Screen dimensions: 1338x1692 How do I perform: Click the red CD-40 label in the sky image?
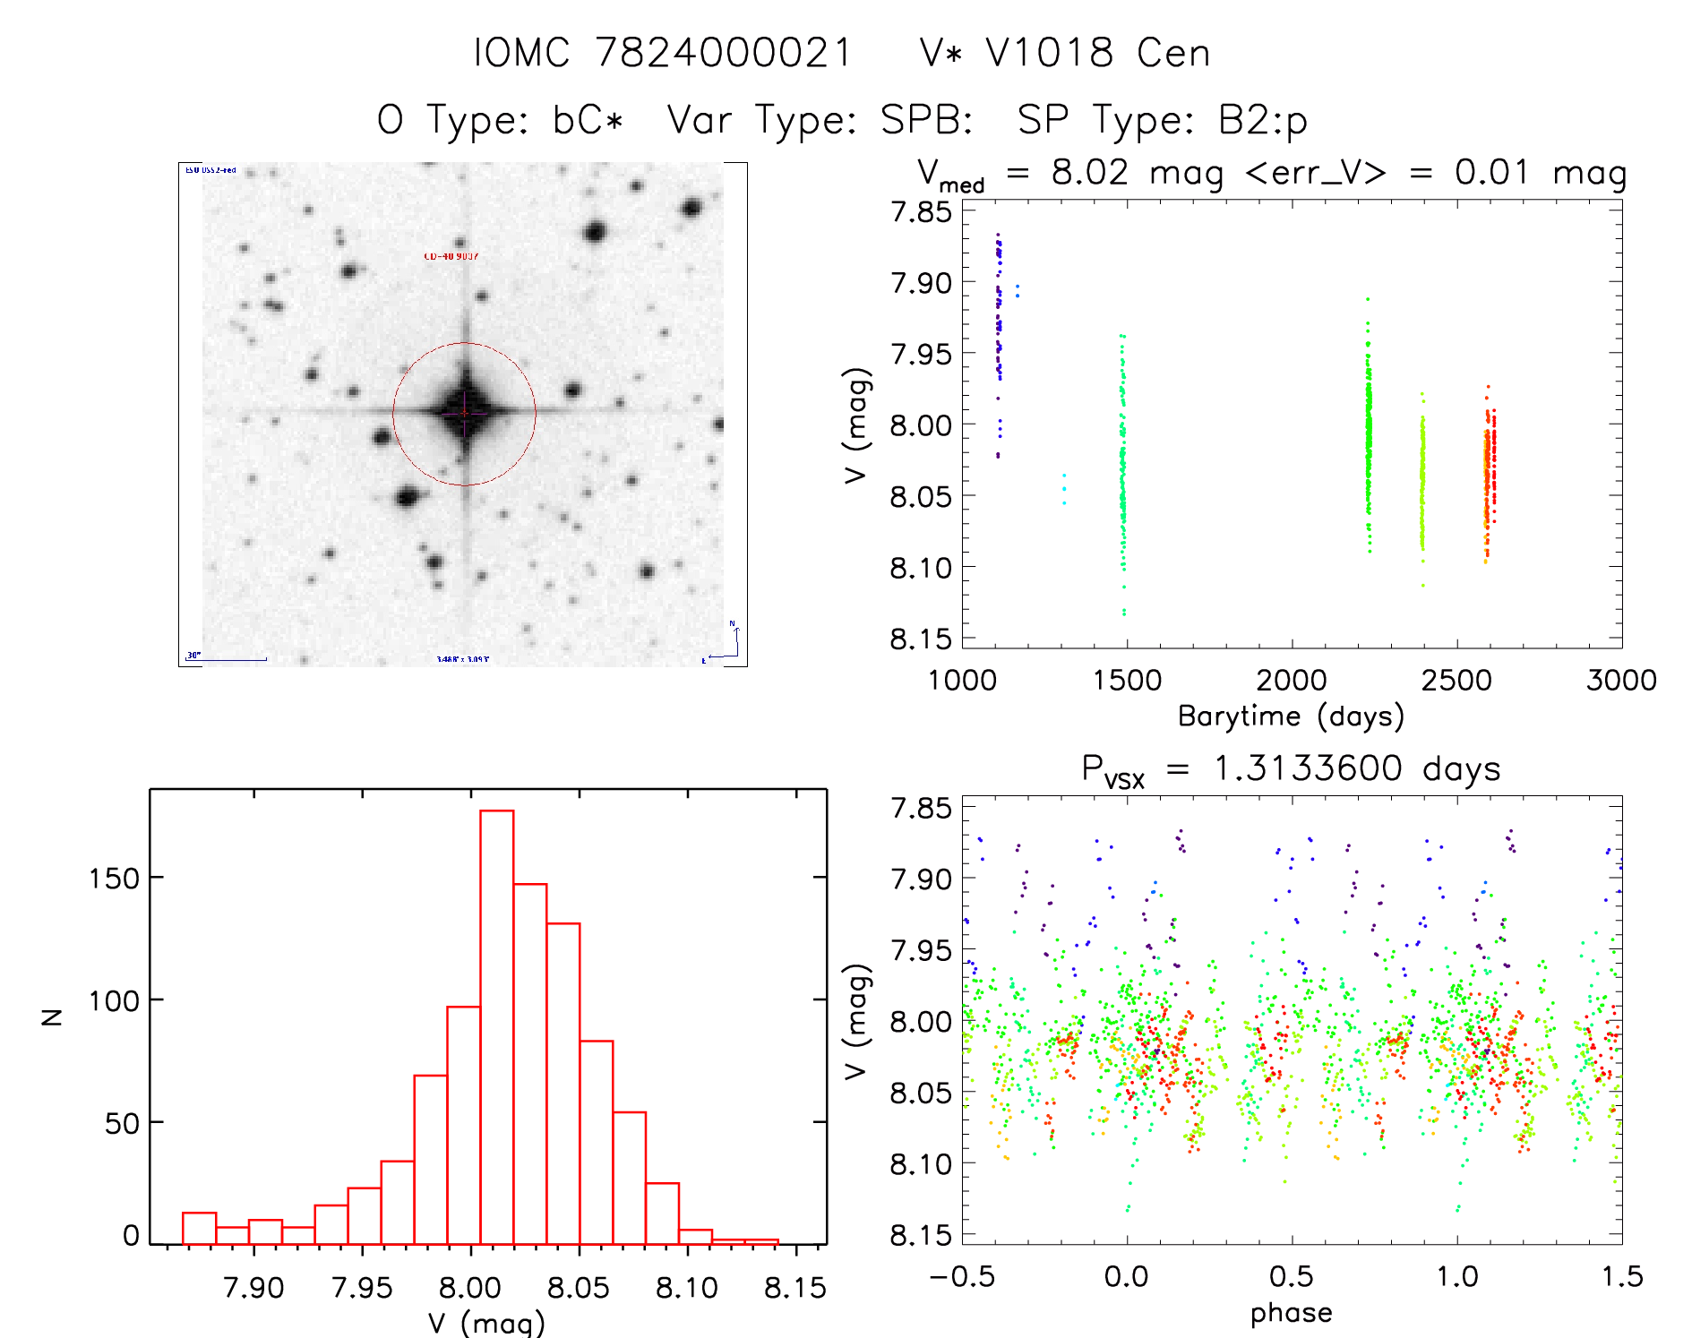click(x=451, y=257)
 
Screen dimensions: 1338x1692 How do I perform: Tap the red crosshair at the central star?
click(x=465, y=413)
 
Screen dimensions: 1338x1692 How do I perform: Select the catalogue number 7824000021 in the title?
click(x=724, y=53)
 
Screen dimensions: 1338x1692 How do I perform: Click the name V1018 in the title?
click(x=1050, y=53)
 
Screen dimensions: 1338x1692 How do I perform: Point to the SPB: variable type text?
click(x=926, y=120)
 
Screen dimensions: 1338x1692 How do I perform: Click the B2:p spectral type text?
click(x=1263, y=120)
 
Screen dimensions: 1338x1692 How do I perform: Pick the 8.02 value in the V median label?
click(x=1090, y=172)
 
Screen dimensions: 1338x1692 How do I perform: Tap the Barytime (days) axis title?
click(x=1291, y=716)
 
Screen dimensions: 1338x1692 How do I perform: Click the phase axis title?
click(x=1291, y=1313)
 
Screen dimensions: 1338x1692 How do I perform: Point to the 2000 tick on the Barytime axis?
click(x=1292, y=680)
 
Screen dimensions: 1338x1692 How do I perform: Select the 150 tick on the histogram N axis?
click(x=114, y=879)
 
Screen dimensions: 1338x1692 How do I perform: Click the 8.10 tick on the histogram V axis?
click(x=687, y=1288)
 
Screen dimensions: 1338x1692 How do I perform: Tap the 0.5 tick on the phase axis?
click(x=1292, y=1276)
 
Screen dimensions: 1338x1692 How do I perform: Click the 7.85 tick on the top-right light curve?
click(x=921, y=212)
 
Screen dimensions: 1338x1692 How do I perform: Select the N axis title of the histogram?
click(x=53, y=1016)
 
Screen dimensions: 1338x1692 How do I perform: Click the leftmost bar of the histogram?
click(x=199, y=1229)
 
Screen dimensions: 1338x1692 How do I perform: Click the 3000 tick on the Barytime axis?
click(x=1621, y=680)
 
